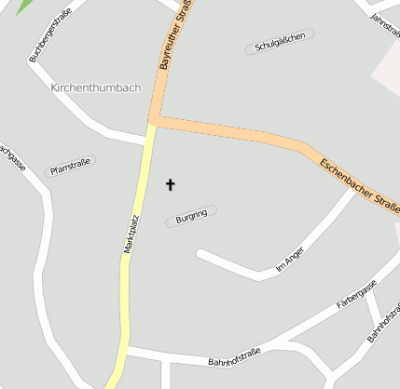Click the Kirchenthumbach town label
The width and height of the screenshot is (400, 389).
[x=96, y=87]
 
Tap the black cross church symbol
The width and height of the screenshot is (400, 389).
[x=171, y=185]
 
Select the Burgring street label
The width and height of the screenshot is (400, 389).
[x=191, y=216]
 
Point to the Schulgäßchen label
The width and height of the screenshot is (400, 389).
[x=280, y=41]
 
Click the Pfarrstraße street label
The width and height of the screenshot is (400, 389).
[x=70, y=167]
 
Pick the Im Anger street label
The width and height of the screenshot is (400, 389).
[x=291, y=264]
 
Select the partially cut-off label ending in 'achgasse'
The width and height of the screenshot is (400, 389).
[x=10, y=157]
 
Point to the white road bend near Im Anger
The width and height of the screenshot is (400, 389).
[x=258, y=275]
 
